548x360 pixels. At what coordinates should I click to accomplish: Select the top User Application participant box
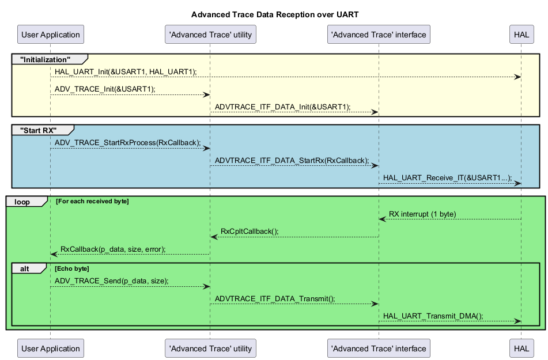point(50,35)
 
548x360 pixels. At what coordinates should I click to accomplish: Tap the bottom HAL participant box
point(521,348)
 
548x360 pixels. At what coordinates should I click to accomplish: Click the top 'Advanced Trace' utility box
point(210,35)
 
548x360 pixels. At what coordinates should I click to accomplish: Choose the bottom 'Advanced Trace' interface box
point(379,348)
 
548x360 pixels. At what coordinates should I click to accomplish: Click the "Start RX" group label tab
point(38,130)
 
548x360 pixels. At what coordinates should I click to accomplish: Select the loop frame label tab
point(22,202)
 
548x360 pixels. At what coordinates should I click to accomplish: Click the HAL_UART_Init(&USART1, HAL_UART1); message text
point(126,71)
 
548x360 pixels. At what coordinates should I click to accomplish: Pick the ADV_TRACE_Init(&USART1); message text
point(105,89)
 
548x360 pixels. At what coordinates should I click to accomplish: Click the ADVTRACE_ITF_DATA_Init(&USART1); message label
point(282,107)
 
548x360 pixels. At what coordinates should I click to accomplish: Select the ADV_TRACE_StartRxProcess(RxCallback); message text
point(128,142)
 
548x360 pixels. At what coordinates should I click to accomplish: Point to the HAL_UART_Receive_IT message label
point(447,178)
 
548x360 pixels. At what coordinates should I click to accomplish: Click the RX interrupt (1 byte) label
point(422,214)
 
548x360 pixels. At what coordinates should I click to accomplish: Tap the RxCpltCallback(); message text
point(250,232)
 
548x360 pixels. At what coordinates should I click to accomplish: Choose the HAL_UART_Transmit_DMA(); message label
point(433,316)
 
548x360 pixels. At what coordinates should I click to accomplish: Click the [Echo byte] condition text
point(73,268)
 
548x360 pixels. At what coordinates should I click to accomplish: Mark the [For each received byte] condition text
point(92,202)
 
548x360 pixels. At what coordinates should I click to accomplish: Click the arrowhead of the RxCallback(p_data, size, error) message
point(54,254)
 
